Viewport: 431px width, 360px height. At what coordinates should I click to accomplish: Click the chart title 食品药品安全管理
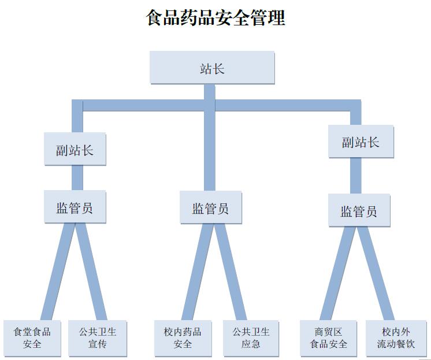point(216,17)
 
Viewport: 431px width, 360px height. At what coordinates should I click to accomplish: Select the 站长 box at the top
point(211,68)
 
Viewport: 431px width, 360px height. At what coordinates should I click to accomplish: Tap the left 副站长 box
point(75,149)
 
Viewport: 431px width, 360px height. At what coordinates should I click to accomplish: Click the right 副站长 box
point(361,142)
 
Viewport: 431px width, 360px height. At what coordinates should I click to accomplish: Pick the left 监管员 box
point(75,207)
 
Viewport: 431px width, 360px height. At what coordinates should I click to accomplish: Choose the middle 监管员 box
point(210,207)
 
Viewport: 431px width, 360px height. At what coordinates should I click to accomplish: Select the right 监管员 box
point(359,210)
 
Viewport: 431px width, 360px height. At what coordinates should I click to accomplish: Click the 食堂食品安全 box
point(32,337)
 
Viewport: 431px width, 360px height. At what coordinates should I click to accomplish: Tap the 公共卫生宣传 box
point(98,337)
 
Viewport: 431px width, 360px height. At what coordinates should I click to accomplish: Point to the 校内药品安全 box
point(183,337)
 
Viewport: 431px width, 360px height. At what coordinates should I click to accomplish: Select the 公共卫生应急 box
point(251,337)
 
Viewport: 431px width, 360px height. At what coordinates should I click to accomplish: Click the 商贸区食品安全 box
point(329,337)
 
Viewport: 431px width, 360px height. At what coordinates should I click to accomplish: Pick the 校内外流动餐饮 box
point(396,337)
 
